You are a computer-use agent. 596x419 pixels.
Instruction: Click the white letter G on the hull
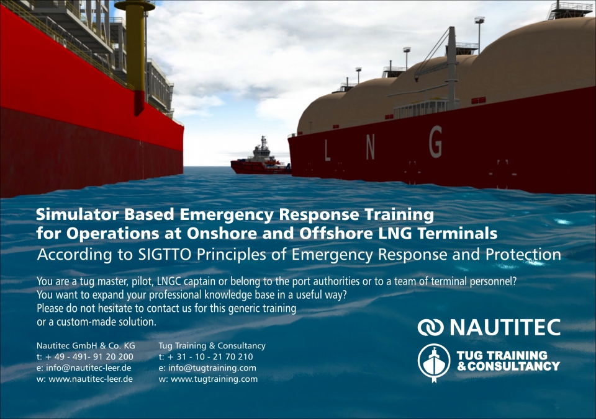click(x=436, y=142)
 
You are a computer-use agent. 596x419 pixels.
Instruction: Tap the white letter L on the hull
click(x=327, y=149)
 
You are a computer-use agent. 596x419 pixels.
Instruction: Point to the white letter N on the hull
click(x=370, y=147)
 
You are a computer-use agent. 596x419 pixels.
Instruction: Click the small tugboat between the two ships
click(x=261, y=157)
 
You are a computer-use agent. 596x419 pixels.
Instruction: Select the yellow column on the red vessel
click(x=135, y=53)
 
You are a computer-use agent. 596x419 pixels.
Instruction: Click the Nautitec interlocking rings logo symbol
click(x=430, y=327)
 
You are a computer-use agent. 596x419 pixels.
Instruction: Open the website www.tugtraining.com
click(x=209, y=379)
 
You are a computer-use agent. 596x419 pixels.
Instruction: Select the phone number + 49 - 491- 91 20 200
click(x=89, y=357)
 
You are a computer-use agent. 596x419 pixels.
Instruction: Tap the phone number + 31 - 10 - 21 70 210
click(x=210, y=357)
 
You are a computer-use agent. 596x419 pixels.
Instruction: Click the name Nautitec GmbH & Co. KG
click(x=86, y=346)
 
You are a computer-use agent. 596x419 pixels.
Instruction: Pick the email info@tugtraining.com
click(x=207, y=368)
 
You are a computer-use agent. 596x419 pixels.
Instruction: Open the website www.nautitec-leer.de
click(x=85, y=379)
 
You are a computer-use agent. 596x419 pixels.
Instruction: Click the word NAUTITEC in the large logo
click(x=505, y=327)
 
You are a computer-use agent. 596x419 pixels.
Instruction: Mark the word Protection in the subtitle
click(x=523, y=255)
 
